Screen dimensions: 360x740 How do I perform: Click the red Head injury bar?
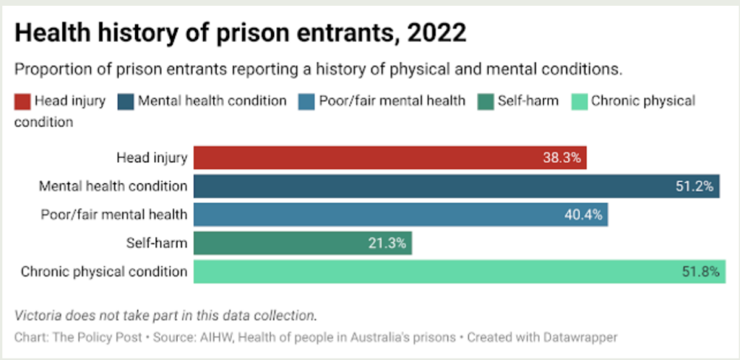(x=390, y=157)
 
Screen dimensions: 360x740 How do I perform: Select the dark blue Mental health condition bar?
(x=456, y=186)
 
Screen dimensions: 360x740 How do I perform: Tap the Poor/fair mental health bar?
(x=400, y=215)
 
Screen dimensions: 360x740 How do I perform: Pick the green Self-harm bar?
(x=303, y=244)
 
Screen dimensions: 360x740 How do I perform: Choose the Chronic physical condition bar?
(x=459, y=272)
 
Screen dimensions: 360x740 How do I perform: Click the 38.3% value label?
(x=562, y=157)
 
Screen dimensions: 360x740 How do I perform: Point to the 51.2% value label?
(x=694, y=186)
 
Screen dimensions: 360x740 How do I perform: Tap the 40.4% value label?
(x=583, y=215)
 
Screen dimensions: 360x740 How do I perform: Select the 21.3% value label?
(x=388, y=244)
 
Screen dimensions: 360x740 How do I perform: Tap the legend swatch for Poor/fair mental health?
(x=307, y=100)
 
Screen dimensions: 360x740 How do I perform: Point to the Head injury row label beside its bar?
(x=152, y=157)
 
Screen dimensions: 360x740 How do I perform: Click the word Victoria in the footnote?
(x=35, y=315)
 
